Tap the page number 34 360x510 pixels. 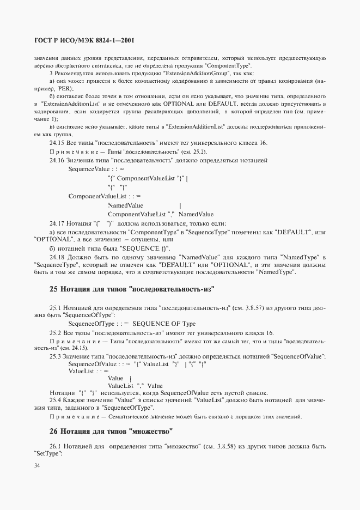click(37, 465)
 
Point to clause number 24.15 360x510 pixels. click(57, 143)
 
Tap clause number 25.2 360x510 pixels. click(57, 333)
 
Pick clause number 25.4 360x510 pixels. click(57, 400)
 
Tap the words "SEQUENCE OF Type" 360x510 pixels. click(164, 324)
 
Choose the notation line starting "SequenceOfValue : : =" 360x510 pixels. click(100, 363)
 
